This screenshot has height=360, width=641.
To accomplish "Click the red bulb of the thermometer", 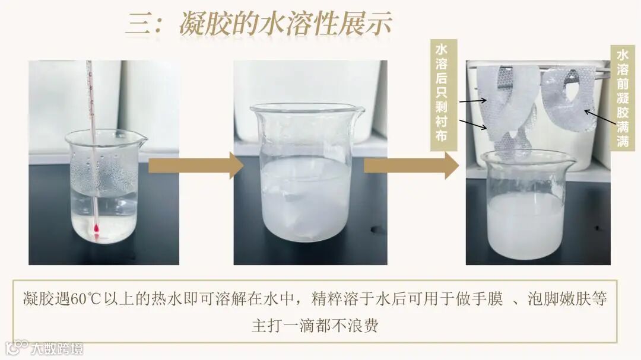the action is pyautogui.click(x=97, y=228).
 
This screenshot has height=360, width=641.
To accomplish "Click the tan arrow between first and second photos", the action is pyautogui.click(x=196, y=165).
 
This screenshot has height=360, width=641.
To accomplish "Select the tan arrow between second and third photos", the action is pyautogui.click(x=411, y=165).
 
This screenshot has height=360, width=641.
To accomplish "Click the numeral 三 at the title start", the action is pyautogui.click(x=139, y=23).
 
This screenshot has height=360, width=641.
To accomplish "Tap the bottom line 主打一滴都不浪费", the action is pyautogui.click(x=315, y=326).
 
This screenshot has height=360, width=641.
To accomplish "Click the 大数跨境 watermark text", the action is pyautogui.click(x=57, y=349).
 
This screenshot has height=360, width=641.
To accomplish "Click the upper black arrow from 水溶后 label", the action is pyautogui.click(x=473, y=100).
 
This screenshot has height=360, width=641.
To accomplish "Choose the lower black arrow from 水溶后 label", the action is pyautogui.click(x=473, y=124).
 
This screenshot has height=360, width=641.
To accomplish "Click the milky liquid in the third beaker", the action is pyautogui.click(x=526, y=225).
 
